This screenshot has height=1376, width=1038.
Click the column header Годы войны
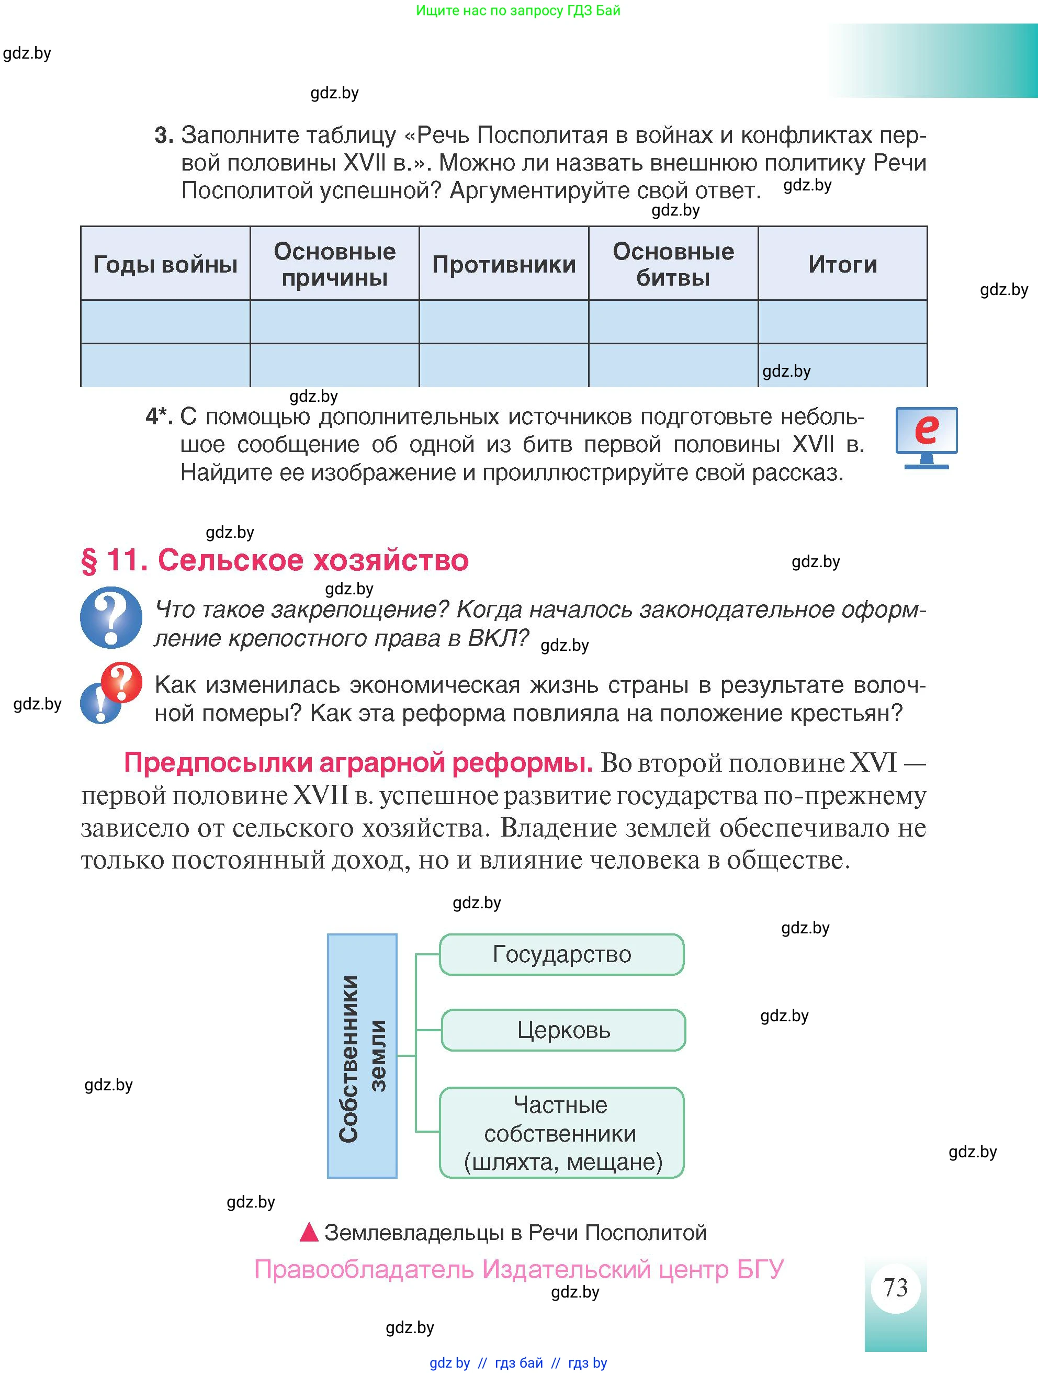click(x=165, y=264)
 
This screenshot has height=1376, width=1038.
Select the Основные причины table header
click(x=335, y=264)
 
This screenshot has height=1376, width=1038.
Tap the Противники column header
click(x=504, y=264)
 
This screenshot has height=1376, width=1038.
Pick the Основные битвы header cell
click(x=673, y=264)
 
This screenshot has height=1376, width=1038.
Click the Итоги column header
click(x=843, y=264)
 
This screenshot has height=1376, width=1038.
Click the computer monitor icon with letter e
click(x=926, y=437)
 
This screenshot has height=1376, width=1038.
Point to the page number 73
click(x=895, y=1287)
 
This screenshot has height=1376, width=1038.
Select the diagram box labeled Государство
click(x=561, y=954)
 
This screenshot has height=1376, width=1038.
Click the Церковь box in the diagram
click(x=563, y=1031)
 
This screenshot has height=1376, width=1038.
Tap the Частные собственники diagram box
click(x=561, y=1133)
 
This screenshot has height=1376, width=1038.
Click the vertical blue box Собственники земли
click(x=362, y=1056)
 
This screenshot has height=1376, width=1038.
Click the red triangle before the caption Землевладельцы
click(x=309, y=1232)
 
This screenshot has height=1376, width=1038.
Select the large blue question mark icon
click(x=111, y=617)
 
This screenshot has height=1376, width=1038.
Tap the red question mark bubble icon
click(x=122, y=682)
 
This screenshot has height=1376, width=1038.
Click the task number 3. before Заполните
click(x=164, y=135)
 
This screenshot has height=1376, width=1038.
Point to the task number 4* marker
click(x=159, y=416)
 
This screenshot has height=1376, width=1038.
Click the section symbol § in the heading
click(x=89, y=560)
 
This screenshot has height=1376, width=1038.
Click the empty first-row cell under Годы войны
click(x=165, y=322)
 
